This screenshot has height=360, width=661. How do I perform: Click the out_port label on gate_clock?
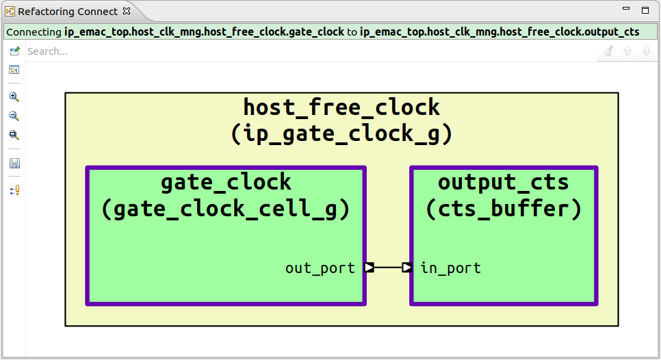pos(320,268)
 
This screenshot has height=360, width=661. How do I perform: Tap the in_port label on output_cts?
pos(450,268)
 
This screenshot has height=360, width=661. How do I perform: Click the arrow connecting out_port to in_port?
pos(388,268)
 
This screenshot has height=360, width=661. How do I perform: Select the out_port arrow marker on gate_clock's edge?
pos(369,268)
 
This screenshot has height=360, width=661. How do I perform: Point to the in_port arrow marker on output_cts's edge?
pos(407,268)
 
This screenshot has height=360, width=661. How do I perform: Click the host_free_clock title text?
pos(341,107)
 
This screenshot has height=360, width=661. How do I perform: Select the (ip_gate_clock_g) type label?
pos(341,134)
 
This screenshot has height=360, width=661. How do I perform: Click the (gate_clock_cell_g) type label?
pos(225,209)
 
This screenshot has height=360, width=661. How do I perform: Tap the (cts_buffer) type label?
pos(503,209)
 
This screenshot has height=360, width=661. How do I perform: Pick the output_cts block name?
pos(503,182)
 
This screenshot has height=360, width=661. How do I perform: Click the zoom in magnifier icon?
pos(14,97)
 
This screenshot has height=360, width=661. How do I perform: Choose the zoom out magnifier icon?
pos(14,116)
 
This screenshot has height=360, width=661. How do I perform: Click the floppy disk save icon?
pos(14,163)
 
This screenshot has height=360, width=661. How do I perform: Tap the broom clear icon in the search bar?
pos(608,51)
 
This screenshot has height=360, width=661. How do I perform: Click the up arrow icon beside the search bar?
pos(627,51)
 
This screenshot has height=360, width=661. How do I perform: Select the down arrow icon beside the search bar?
pos(646,51)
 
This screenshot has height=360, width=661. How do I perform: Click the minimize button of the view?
pos(626,10)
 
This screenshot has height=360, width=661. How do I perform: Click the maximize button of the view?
pos(645,10)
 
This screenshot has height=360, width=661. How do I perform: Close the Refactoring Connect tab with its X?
pos(126,12)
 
